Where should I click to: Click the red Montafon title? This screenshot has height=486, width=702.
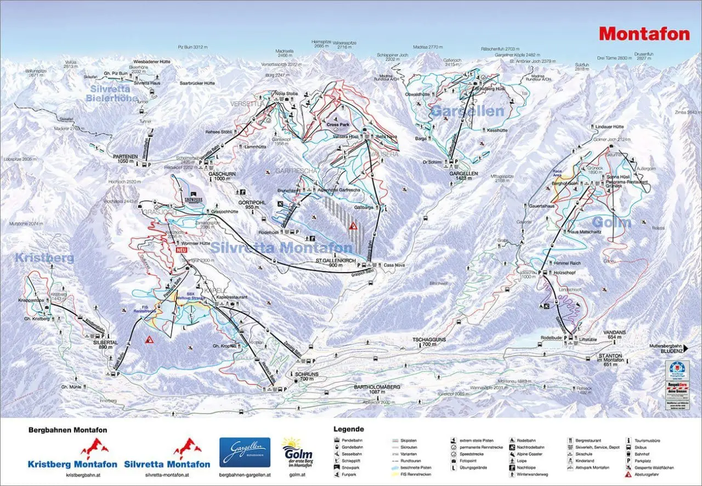(x=644, y=34)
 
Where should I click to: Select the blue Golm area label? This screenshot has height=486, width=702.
(x=612, y=223)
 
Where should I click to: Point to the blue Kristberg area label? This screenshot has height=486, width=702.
(x=44, y=258)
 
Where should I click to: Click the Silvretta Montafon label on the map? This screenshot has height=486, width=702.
(x=281, y=247)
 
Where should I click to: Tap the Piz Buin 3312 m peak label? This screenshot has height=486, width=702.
(x=193, y=48)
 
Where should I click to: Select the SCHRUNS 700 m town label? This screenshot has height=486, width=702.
(x=303, y=377)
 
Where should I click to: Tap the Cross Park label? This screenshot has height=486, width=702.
(x=337, y=125)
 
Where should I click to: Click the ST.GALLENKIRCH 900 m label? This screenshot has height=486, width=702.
(x=333, y=262)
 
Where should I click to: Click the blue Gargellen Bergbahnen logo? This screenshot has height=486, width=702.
(x=245, y=452)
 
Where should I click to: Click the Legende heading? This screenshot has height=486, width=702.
(x=348, y=429)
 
